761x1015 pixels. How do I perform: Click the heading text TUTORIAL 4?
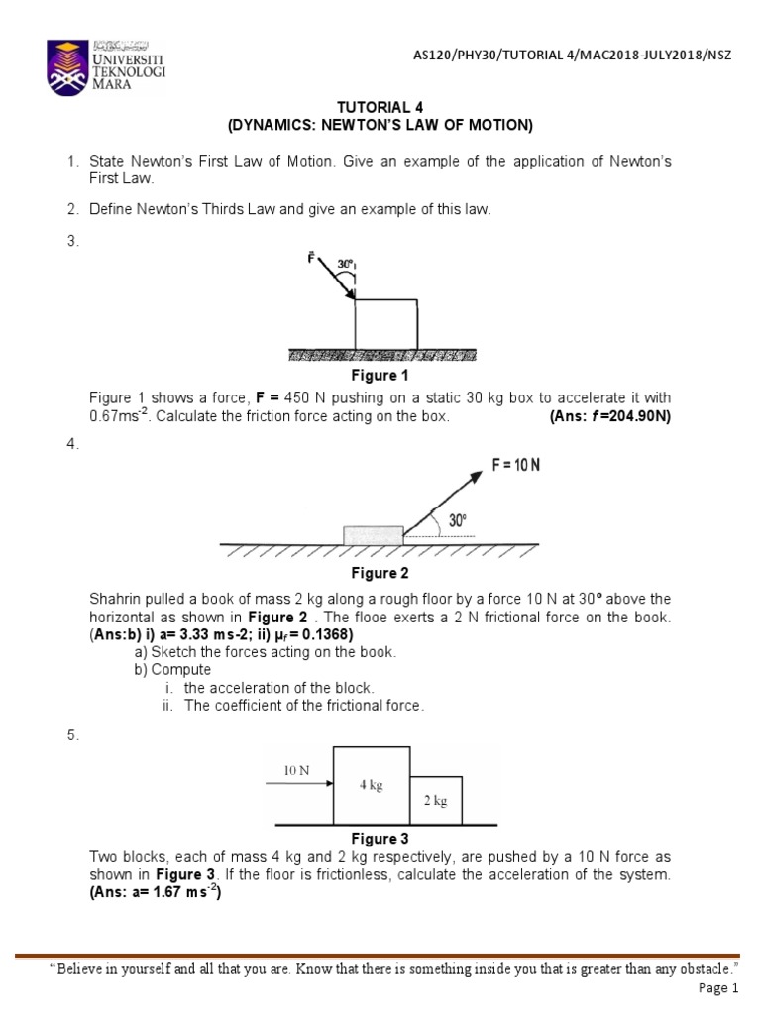pos(380,107)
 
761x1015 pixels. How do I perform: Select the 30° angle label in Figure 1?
pos(346,265)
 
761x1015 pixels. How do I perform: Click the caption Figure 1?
pos(380,376)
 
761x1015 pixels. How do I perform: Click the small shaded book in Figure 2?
pos(373,535)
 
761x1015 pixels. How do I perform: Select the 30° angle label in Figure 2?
pos(457,520)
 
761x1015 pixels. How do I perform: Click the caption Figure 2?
pos(380,573)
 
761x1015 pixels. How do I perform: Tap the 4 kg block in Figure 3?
pos(372,785)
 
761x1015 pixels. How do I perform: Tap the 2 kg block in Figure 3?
pos(436,801)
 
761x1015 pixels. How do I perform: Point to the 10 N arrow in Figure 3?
pos(298,784)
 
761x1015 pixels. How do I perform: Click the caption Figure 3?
pos(380,839)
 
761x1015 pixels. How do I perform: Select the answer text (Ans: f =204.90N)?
pos(609,416)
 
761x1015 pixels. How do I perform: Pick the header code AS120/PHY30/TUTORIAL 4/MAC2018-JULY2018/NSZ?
pos(572,55)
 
